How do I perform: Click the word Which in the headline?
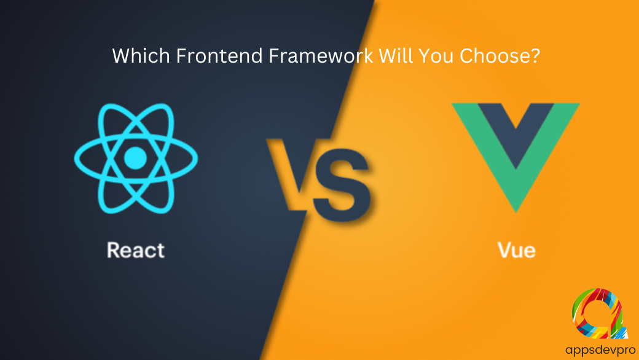[141, 55]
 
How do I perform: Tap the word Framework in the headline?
[321, 55]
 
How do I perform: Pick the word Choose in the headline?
[495, 55]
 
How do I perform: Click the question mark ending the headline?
[535, 55]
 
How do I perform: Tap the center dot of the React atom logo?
[135, 158]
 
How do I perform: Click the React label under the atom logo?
[136, 250]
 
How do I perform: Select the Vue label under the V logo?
[516, 250]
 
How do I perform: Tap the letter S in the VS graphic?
[343, 186]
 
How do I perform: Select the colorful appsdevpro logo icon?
[598, 313]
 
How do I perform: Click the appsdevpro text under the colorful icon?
[600, 350]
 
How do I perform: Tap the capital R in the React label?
[114, 249]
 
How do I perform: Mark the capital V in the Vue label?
[505, 249]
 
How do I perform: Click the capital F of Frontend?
[182, 55]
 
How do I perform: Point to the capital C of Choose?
[467, 55]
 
